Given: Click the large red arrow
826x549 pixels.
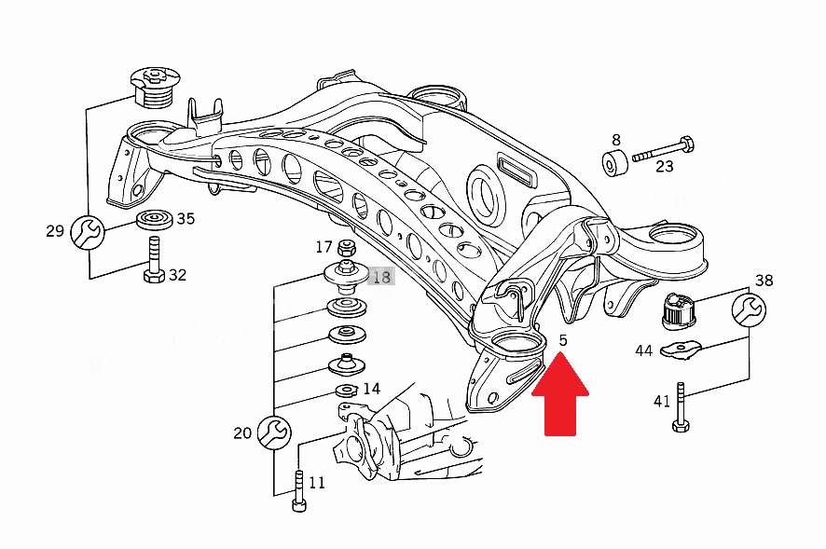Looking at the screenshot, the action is [560, 395].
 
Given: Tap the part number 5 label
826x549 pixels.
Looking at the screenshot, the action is [563, 340].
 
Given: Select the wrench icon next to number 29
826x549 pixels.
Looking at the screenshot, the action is [88, 232].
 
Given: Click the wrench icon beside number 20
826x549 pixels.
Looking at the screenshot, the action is [274, 432].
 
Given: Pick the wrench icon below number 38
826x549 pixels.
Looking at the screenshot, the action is [750, 309].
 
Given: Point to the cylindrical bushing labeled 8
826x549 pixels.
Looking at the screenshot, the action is [614, 163].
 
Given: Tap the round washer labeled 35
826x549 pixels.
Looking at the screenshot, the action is [155, 220].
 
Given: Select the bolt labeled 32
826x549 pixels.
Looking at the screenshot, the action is [154, 260].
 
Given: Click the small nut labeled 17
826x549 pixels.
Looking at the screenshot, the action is [346, 247].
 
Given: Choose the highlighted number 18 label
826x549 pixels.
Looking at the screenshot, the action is [382, 277].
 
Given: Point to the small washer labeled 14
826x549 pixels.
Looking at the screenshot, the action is [347, 391].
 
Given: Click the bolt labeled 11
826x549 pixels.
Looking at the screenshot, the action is [298, 490].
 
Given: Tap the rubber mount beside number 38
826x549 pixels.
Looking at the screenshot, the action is [678, 311].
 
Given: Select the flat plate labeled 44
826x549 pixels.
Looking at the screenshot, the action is [681, 350].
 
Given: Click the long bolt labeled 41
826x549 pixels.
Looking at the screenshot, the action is [681, 407].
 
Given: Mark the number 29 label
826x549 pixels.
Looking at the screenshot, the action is [55, 231].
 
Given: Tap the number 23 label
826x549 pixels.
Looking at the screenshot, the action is [665, 167].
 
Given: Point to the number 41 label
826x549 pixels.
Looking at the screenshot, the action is [662, 402].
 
